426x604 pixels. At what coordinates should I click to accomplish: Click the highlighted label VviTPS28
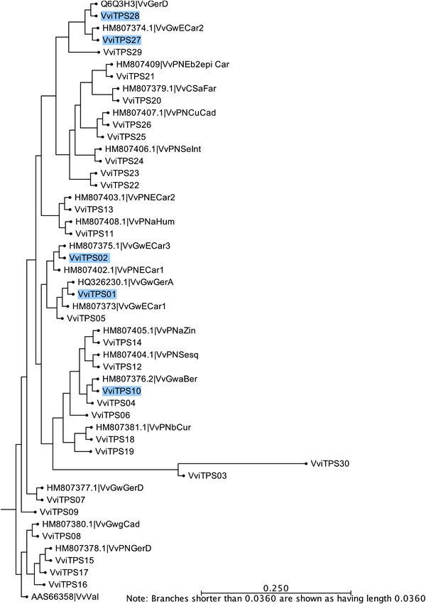click(x=120, y=16)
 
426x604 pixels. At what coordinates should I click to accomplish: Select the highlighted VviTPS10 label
click(x=121, y=391)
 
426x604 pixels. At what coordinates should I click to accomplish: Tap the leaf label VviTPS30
click(x=329, y=463)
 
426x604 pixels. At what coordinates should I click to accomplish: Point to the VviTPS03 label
click(x=207, y=475)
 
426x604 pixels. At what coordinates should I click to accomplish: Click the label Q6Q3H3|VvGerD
click(x=129, y=4)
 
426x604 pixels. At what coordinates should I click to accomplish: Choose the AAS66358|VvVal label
click(x=65, y=597)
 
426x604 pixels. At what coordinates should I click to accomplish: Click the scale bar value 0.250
click(x=275, y=588)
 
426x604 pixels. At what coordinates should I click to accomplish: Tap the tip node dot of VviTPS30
click(x=306, y=463)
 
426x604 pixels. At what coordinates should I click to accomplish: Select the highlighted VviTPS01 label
click(x=97, y=294)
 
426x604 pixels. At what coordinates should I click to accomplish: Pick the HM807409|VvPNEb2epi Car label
click(x=173, y=65)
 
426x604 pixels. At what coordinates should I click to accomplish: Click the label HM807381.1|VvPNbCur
click(x=143, y=427)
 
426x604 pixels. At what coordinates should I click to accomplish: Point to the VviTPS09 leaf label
click(x=59, y=512)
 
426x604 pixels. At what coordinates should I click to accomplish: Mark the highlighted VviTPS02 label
click(x=89, y=258)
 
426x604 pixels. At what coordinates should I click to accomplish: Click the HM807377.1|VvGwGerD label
click(x=95, y=487)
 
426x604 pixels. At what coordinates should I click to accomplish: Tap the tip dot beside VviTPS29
click(x=99, y=52)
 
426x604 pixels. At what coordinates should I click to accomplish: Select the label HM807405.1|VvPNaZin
click(x=149, y=330)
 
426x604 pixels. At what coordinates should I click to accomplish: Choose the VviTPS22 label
click(x=120, y=185)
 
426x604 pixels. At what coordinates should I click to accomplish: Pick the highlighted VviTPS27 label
click(x=121, y=40)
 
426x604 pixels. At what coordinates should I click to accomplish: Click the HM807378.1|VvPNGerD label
click(x=103, y=548)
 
